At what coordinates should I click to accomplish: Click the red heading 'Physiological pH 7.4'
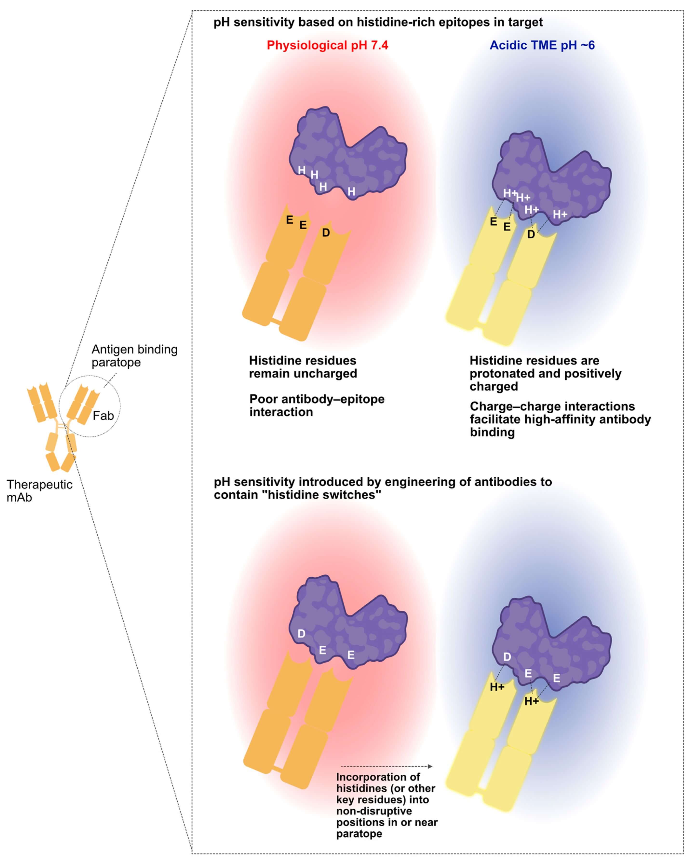[327, 45]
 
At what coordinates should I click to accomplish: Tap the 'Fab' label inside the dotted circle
[103, 416]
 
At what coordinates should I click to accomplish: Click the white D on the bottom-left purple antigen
[302, 633]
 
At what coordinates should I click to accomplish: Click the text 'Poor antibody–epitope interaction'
[317, 405]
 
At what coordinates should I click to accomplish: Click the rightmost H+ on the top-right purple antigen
[560, 215]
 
